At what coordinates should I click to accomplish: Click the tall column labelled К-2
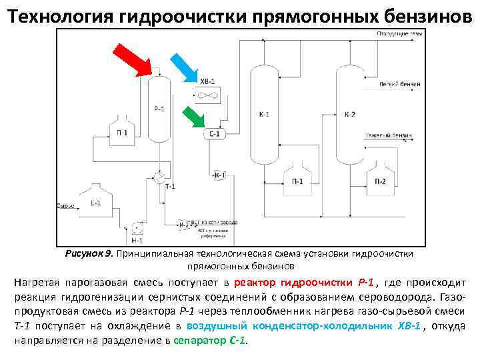[350, 115]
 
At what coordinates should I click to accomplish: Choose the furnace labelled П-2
[379, 177]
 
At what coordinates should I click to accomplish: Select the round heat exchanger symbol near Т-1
[159, 177]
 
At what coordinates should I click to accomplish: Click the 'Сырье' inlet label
[65, 206]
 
